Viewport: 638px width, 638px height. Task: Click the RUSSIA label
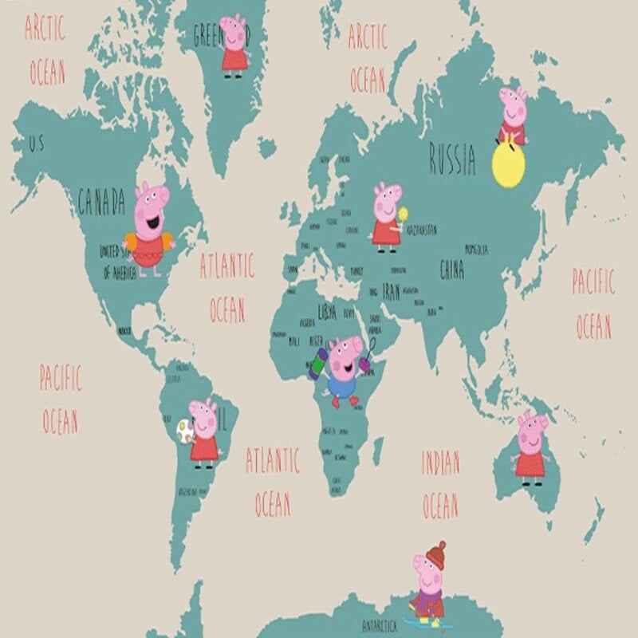point(452,159)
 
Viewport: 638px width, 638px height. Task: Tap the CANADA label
point(101,203)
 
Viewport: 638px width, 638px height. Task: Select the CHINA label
point(451,270)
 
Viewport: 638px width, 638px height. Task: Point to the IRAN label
point(391,290)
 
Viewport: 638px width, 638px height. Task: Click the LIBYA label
point(327,309)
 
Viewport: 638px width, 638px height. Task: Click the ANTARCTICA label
point(379,627)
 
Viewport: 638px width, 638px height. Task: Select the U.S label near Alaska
point(37,145)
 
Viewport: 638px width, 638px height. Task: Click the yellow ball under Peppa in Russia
point(511,165)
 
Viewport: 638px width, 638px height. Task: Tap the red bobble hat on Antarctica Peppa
point(435,553)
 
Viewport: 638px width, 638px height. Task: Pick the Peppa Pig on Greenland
point(234,45)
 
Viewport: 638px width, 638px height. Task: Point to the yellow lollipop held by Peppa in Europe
point(404,214)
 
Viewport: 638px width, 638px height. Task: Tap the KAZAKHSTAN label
point(422,230)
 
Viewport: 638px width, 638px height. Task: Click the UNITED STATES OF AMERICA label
point(117,261)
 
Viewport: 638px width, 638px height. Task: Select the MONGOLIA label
point(476,249)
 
